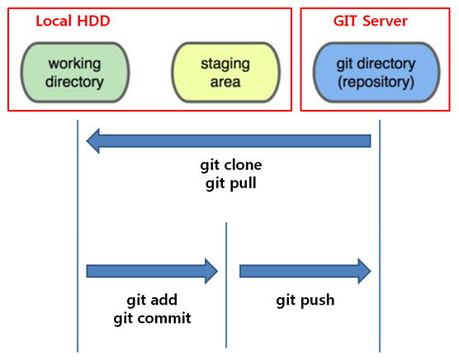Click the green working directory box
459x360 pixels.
[75, 73]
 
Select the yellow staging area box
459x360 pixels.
[225, 73]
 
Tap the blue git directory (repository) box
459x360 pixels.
[376, 73]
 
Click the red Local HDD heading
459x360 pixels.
[73, 21]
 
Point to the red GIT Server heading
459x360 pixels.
[371, 21]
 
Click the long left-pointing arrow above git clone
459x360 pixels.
[229, 141]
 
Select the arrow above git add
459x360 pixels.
[152, 271]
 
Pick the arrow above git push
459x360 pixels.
[305, 271]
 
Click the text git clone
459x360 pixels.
[231, 166]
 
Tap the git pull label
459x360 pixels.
[231, 184]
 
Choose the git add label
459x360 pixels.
[152, 301]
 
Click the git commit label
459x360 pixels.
[152, 319]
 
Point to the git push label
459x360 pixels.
[305, 301]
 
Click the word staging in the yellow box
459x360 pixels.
[225, 64]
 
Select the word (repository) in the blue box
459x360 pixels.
[376, 83]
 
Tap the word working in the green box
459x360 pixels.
[74, 64]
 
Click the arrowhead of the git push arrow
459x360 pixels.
[365, 271]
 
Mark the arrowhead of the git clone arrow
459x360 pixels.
[92, 141]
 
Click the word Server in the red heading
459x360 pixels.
[385, 21]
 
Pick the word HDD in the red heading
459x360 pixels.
[93, 21]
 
